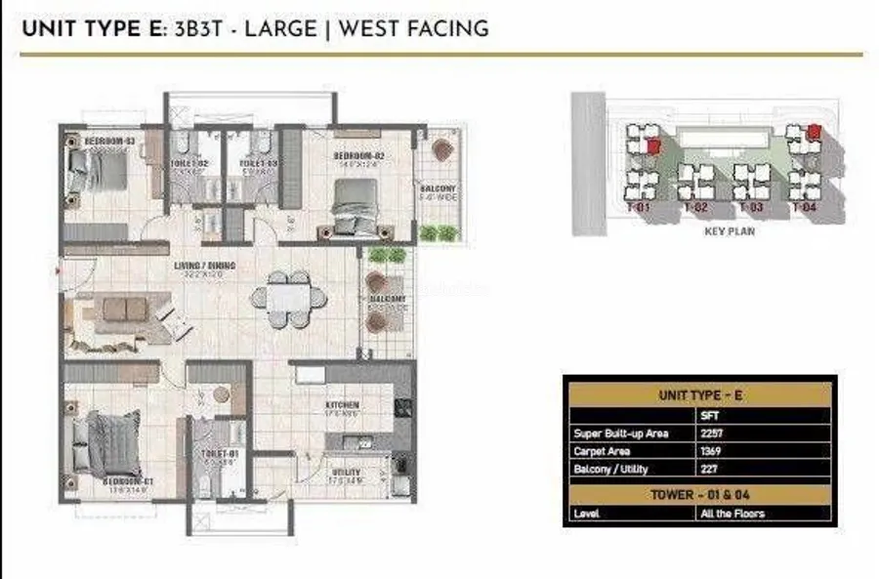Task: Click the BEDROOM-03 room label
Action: [108, 142]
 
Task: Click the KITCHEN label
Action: [344, 404]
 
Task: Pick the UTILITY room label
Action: [346, 472]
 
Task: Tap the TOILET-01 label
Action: [220, 454]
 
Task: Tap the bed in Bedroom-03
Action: [95, 172]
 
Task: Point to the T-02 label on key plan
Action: [695, 208]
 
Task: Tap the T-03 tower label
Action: [750, 208]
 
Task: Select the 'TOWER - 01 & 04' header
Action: [698, 494]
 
